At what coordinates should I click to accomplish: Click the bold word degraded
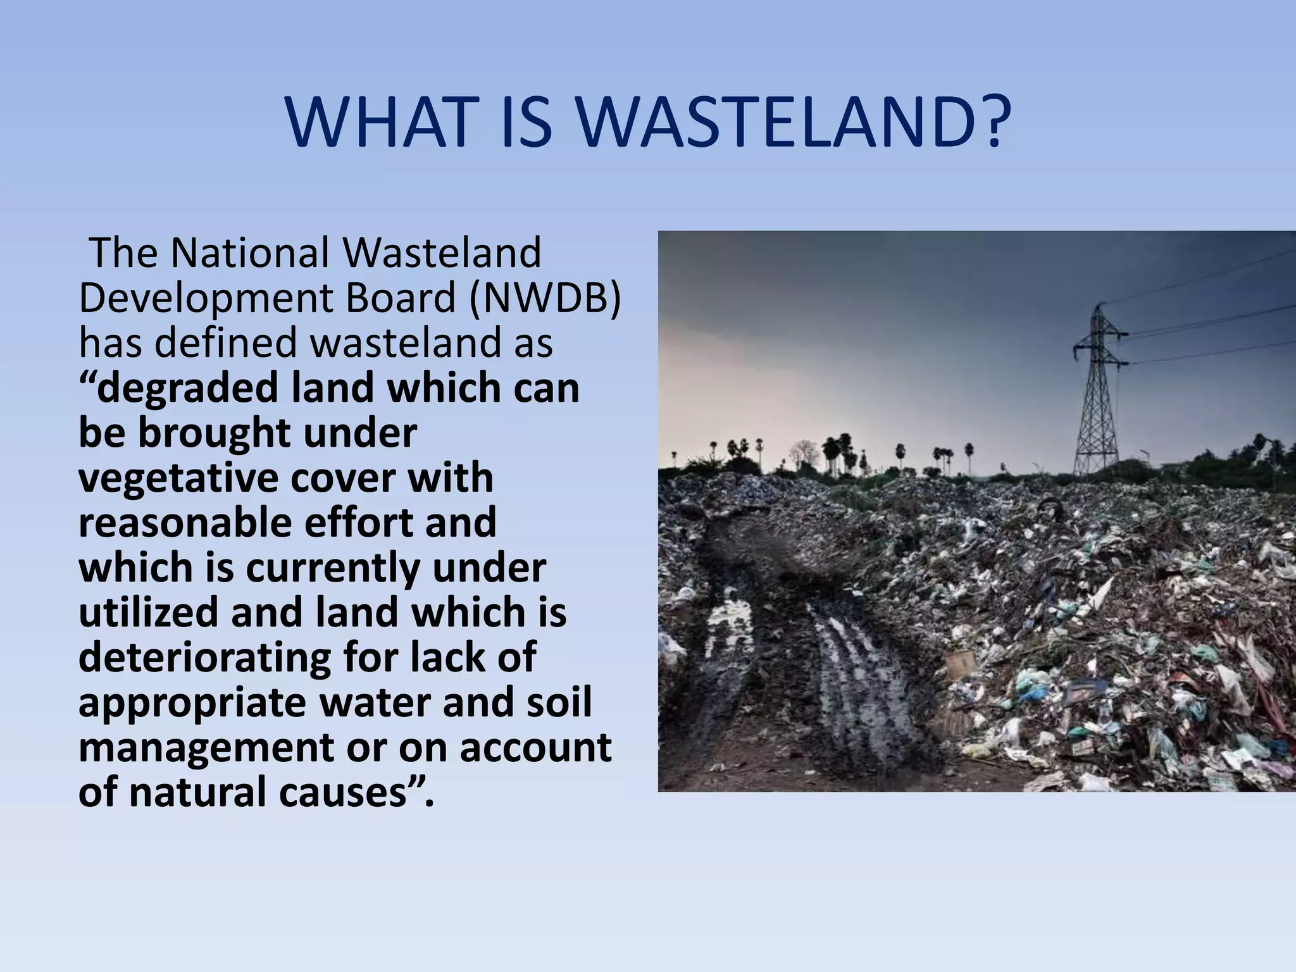(188, 388)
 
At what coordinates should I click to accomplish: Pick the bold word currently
(333, 568)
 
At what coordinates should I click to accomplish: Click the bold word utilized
(148, 613)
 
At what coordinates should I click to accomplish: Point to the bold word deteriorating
(204, 657)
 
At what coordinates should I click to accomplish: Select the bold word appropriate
(192, 704)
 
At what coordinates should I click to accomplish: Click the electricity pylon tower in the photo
(1099, 392)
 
